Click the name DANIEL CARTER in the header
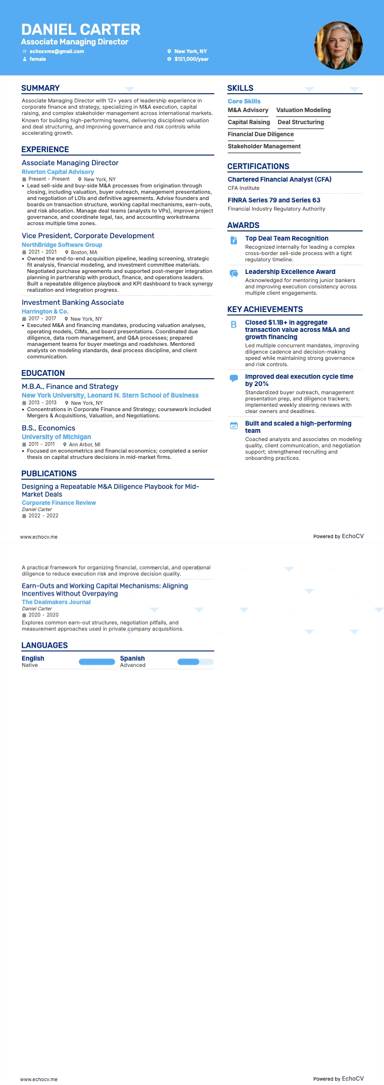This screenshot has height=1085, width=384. tap(81, 30)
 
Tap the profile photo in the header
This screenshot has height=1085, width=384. tap(339, 45)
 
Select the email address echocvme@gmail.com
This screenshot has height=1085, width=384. tap(57, 51)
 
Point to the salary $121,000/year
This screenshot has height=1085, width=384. tap(192, 59)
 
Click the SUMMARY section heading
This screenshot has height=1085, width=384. tap(41, 88)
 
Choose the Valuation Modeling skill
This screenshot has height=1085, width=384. tap(303, 110)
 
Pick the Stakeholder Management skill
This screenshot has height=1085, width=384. tap(264, 146)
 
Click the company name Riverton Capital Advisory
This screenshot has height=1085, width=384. tap(58, 172)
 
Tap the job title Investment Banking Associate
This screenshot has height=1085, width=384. tap(73, 302)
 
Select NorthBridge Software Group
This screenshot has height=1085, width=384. tap(62, 245)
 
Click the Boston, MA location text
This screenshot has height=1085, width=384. tap(84, 252)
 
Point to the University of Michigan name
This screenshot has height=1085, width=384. tap(56, 437)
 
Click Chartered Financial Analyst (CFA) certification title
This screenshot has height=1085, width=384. tap(280, 180)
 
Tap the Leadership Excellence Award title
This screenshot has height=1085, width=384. tap(290, 272)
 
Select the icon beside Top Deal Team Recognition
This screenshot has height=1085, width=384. tap(234, 240)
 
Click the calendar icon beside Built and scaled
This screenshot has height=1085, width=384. tap(234, 426)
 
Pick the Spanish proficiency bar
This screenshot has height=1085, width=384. tap(195, 662)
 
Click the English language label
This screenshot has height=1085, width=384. tap(33, 658)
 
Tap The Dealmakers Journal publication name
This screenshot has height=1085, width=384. tap(56, 602)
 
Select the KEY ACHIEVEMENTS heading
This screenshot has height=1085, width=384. tap(265, 310)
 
